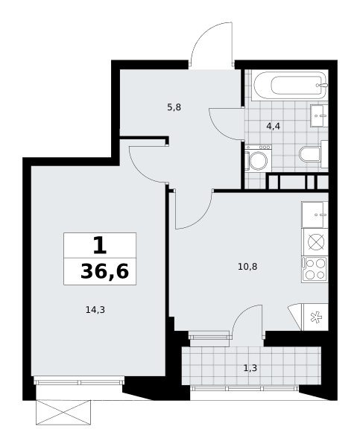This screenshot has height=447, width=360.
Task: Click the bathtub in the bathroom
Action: pyautogui.click(x=289, y=85)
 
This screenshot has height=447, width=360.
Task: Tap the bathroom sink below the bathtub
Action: pyautogui.click(x=319, y=115)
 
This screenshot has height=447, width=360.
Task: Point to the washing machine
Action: pyautogui.click(x=258, y=158)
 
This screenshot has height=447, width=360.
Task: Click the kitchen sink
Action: pyautogui.click(x=315, y=215)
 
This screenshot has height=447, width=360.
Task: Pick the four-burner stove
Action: pyautogui.click(x=315, y=270)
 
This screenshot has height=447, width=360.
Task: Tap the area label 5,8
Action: pyautogui.click(x=174, y=107)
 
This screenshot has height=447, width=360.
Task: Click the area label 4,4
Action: pyautogui.click(x=273, y=126)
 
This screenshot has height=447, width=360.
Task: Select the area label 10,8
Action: pyautogui.click(x=247, y=267)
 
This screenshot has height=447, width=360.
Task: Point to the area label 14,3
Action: pyautogui.click(x=95, y=309)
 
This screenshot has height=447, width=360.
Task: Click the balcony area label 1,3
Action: pyautogui.click(x=250, y=368)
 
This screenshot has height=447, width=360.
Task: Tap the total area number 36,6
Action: pyautogui.click(x=104, y=271)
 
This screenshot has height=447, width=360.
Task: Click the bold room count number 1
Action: pyautogui.click(x=100, y=245)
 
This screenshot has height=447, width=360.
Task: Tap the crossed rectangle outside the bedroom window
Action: pyautogui.click(x=63, y=412)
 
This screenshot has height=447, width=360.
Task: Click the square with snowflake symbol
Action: pyautogui.click(x=315, y=317)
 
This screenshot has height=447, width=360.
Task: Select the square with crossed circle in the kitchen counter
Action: pyautogui.click(x=316, y=242)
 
